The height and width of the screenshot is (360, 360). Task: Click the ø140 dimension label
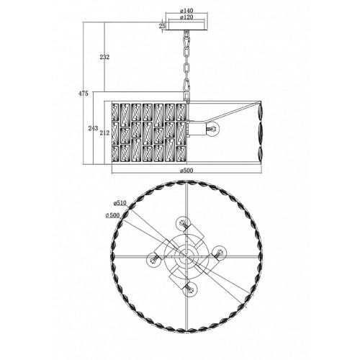186,11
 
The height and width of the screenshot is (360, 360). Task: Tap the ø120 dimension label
186,17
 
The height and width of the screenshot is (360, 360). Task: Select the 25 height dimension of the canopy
163,26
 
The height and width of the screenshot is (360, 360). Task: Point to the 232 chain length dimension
104,57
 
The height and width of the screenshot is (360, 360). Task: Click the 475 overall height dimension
84,94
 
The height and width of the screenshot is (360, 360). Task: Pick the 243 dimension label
93,128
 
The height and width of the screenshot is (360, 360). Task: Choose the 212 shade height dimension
104,132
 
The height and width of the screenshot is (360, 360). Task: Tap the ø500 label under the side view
186,171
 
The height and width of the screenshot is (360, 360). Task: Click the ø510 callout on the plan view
120,203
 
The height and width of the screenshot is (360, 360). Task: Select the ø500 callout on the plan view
112,215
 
